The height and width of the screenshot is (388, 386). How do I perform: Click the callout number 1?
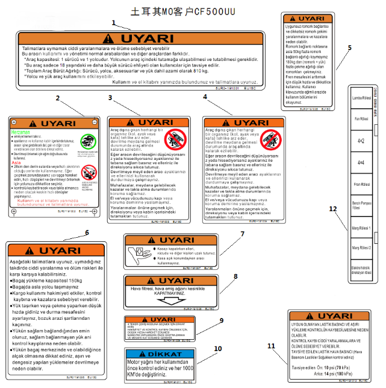(x=113, y=23)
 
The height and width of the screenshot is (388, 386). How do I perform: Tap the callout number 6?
(x=87, y=232)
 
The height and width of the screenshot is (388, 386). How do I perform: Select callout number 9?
(x=222, y=320)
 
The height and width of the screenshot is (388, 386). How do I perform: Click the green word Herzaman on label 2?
(x=21, y=132)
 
